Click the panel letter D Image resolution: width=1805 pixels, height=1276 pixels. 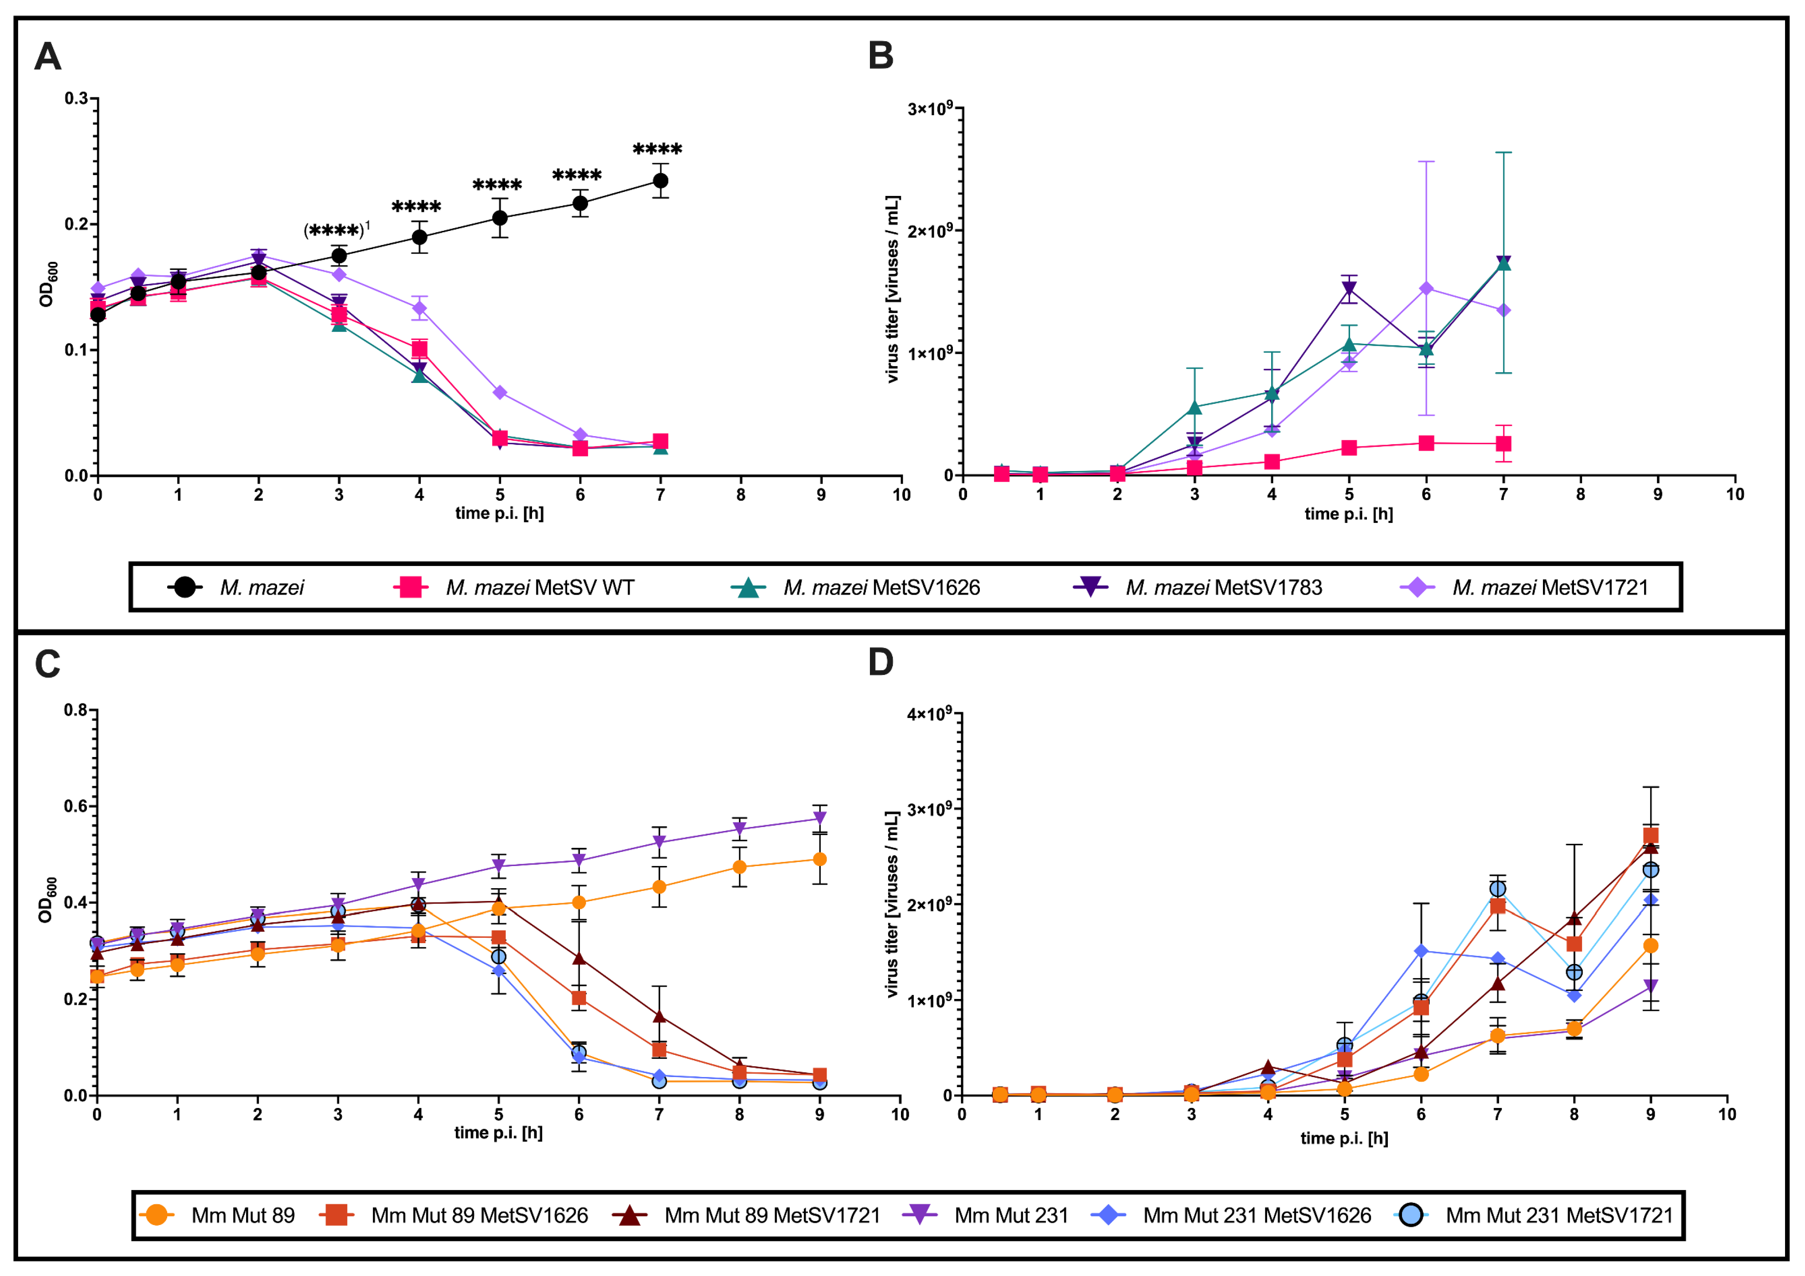click(881, 662)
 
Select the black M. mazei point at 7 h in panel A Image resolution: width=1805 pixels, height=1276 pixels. click(660, 181)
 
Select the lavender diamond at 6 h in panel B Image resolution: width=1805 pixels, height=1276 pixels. click(1426, 289)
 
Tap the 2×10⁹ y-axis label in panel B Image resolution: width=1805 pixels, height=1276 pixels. click(930, 231)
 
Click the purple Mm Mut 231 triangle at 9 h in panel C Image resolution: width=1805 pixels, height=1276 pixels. click(820, 819)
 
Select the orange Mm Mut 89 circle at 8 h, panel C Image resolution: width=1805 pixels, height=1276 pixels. click(739, 867)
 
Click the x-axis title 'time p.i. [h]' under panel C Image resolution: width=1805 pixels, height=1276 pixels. click(498, 1133)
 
